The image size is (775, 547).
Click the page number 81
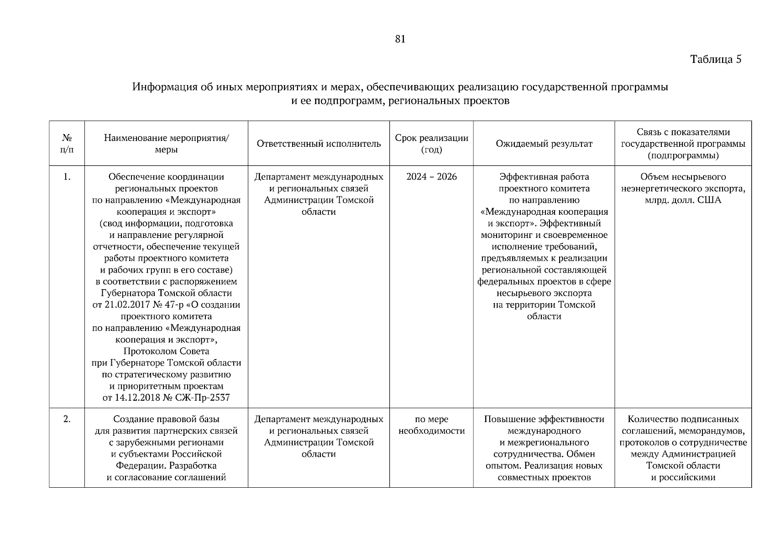[400, 39]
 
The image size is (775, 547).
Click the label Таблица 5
[716, 59]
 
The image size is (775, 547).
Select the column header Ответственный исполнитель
[319, 144]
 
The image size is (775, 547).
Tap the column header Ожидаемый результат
[544, 144]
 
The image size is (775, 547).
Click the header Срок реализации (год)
[431, 144]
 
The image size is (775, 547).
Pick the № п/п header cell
[67, 144]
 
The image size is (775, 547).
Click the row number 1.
[67, 177]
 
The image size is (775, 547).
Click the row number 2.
[67, 419]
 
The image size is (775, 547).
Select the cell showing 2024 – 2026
[431, 177]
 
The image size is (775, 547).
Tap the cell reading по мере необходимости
[431, 425]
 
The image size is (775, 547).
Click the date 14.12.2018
[137, 398]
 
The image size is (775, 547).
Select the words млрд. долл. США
[683, 200]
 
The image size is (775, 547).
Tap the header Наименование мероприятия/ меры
[167, 144]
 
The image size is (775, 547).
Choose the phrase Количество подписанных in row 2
[683, 419]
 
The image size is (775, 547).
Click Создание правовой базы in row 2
[166, 419]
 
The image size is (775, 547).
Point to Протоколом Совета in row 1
[166, 351]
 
